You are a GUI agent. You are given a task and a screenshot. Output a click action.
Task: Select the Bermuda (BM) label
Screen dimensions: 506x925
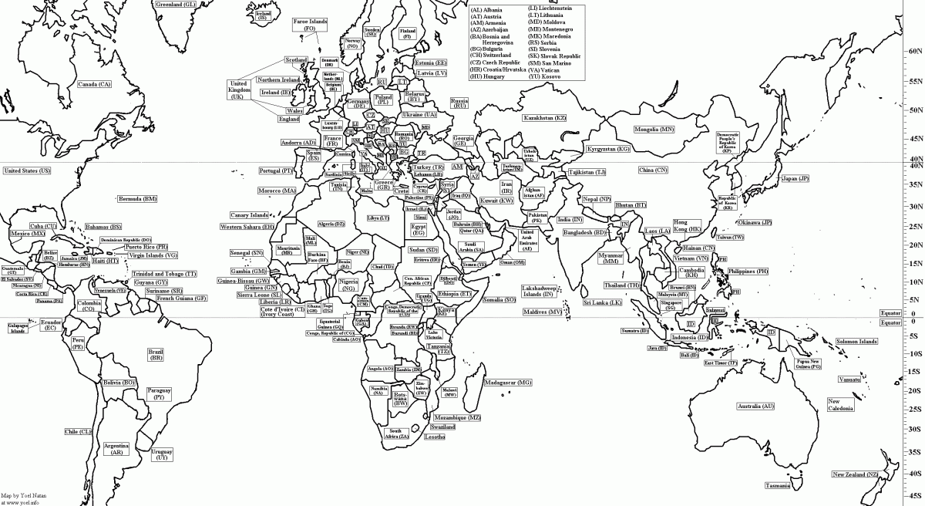click(137, 199)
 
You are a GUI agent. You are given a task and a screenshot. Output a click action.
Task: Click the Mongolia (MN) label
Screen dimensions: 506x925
click(654, 129)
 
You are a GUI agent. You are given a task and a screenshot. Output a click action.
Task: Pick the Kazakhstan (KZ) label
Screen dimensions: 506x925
click(545, 117)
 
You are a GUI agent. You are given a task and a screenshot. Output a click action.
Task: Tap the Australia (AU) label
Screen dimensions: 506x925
click(755, 406)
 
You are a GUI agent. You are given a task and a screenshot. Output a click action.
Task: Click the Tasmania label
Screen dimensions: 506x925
click(778, 486)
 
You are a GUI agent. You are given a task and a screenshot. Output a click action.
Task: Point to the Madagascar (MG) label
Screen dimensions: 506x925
click(508, 383)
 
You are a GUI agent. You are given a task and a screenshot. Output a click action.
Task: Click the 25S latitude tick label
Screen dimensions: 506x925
click(914, 410)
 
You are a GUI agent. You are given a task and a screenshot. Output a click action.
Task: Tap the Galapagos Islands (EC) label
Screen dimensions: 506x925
click(19, 326)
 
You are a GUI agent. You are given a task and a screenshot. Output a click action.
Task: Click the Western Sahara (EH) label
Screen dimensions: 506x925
click(247, 228)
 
